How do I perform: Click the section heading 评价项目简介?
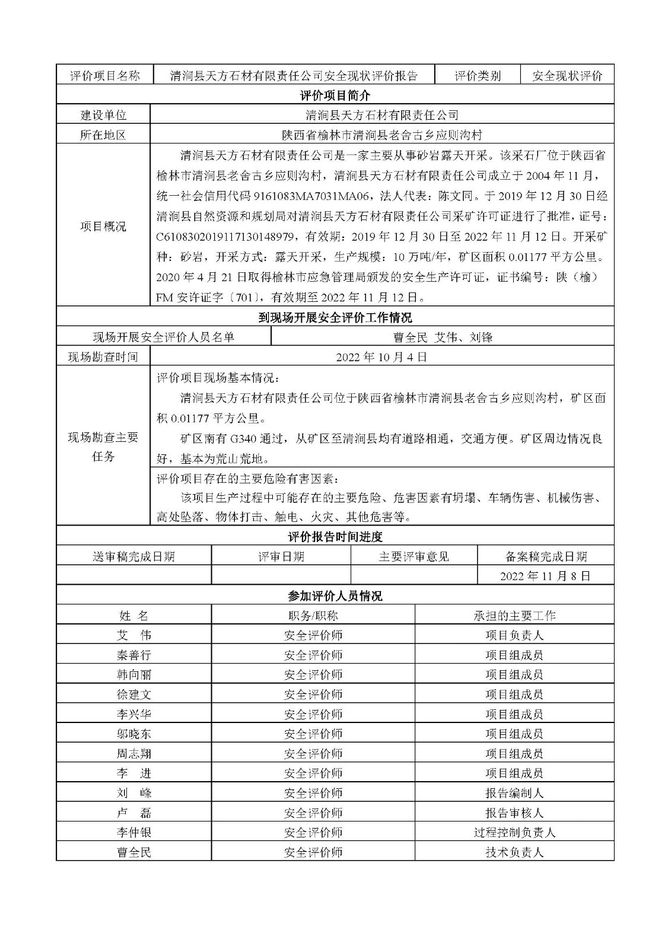(335, 95)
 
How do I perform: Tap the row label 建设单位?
(103, 115)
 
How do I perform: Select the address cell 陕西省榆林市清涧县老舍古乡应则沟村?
(381, 135)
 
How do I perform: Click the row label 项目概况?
(103, 226)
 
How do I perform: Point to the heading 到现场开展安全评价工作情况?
(335, 318)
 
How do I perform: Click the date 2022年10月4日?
(381, 357)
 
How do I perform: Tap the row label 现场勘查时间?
(103, 357)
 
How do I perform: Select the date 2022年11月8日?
(545, 576)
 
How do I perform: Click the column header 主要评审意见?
(414, 556)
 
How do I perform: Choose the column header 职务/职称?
(313, 616)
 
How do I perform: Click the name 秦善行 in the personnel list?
(134, 655)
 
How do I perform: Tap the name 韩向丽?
(134, 675)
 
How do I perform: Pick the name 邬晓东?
(134, 734)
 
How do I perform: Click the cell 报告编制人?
(514, 793)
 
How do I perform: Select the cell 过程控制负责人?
(514, 833)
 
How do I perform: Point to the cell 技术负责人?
(514, 852)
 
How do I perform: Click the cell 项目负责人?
(514, 635)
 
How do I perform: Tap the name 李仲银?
(134, 833)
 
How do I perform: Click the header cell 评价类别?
(478, 76)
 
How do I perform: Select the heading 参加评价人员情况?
(335, 596)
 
